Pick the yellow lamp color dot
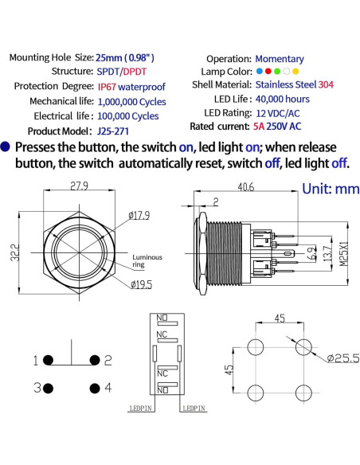296,72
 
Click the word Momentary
279,58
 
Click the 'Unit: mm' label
331,190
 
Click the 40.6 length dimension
245,187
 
